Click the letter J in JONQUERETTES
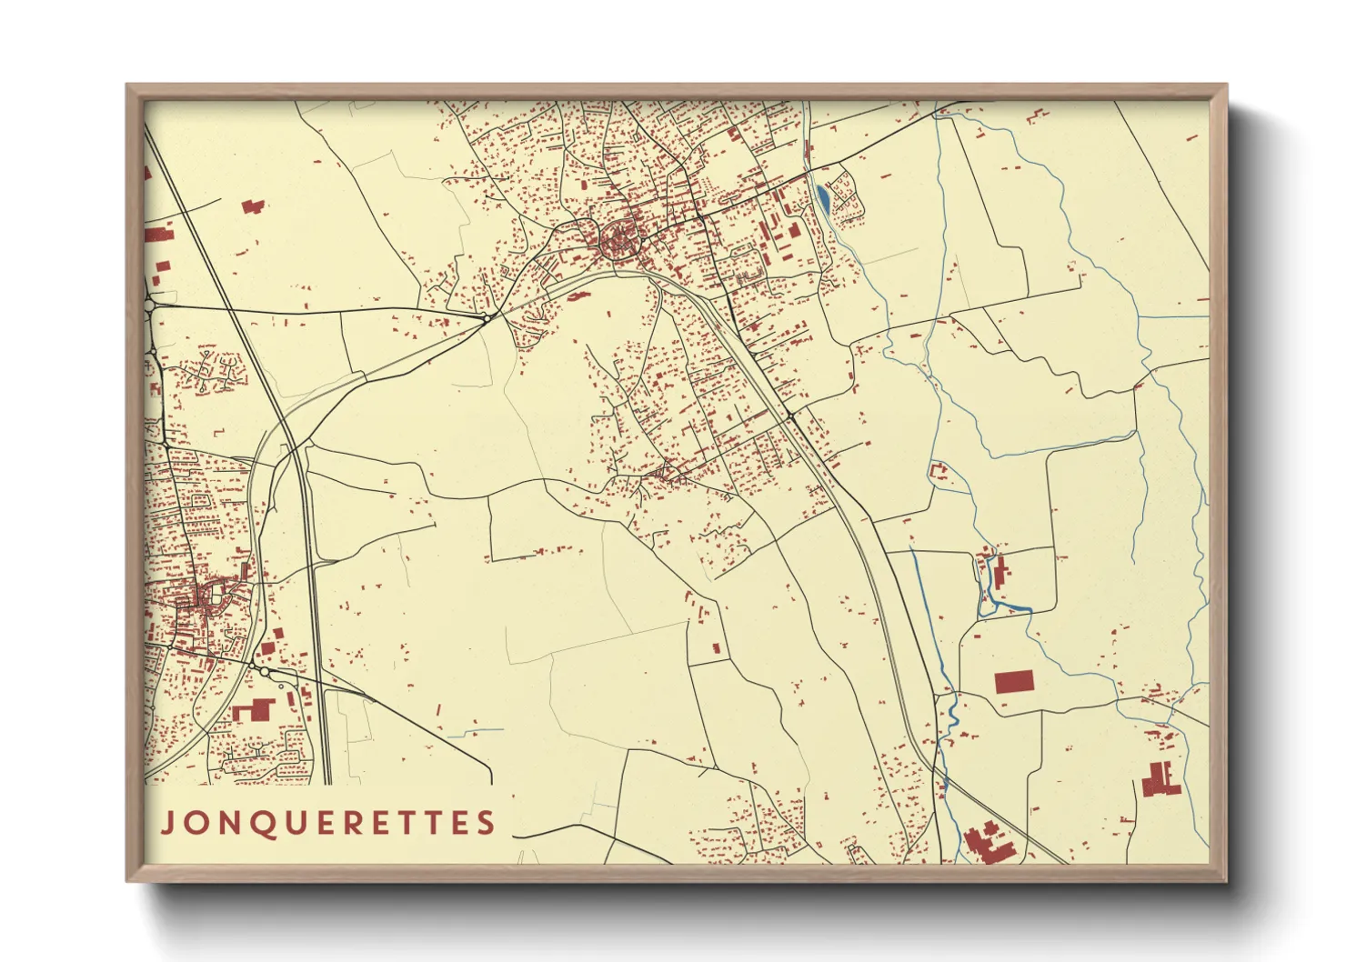[167, 824]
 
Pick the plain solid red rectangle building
[1014, 682]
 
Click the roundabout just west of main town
[489, 316]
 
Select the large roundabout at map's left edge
[149, 307]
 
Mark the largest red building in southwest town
[254, 709]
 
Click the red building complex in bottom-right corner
[1160, 780]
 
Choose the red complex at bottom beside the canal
[986, 842]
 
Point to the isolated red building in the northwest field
[255, 206]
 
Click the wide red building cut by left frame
[158, 235]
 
